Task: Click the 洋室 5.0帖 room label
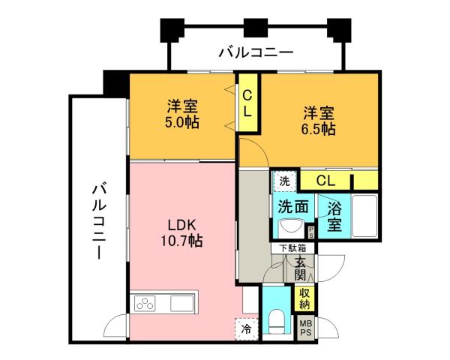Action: click(x=183, y=114)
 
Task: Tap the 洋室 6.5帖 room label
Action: click(x=319, y=121)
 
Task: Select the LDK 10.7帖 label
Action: click(x=183, y=233)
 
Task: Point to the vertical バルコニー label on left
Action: click(x=98, y=221)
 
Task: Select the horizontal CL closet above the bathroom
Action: click(x=325, y=180)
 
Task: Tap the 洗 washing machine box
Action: click(x=284, y=181)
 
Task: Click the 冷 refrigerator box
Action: click(x=246, y=328)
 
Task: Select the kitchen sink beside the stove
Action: click(x=183, y=303)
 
